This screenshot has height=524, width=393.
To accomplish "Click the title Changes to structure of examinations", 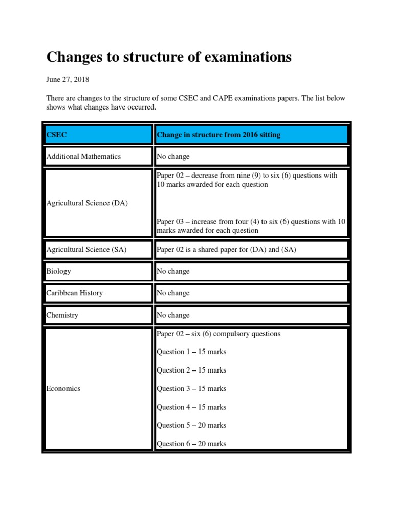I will (169, 57).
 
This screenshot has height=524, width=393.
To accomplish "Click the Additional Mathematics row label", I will (83, 156).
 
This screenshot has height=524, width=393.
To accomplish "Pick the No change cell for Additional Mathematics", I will (173, 156).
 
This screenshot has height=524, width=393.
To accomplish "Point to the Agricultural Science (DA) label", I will (87, 203).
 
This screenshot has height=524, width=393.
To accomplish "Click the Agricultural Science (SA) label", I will (86, 250).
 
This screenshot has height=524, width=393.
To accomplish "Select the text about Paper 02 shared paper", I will (226, 250).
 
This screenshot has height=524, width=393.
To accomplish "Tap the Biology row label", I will (59, 271).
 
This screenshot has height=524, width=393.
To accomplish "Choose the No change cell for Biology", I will (173, 271).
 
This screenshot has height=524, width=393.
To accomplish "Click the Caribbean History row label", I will (75, 293).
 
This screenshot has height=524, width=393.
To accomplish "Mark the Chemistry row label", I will (62, 315).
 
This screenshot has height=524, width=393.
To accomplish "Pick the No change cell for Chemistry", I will (173, 315).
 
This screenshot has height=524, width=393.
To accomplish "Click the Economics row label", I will (63, 388).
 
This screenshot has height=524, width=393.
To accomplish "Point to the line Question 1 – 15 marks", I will (191, 352).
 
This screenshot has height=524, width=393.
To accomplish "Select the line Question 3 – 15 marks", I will (191, 388).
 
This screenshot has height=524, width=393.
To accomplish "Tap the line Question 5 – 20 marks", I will (191, 425).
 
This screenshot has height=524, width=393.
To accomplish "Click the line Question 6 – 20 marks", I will (191, 444).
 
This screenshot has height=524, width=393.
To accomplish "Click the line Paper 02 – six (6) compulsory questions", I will (219, 334).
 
